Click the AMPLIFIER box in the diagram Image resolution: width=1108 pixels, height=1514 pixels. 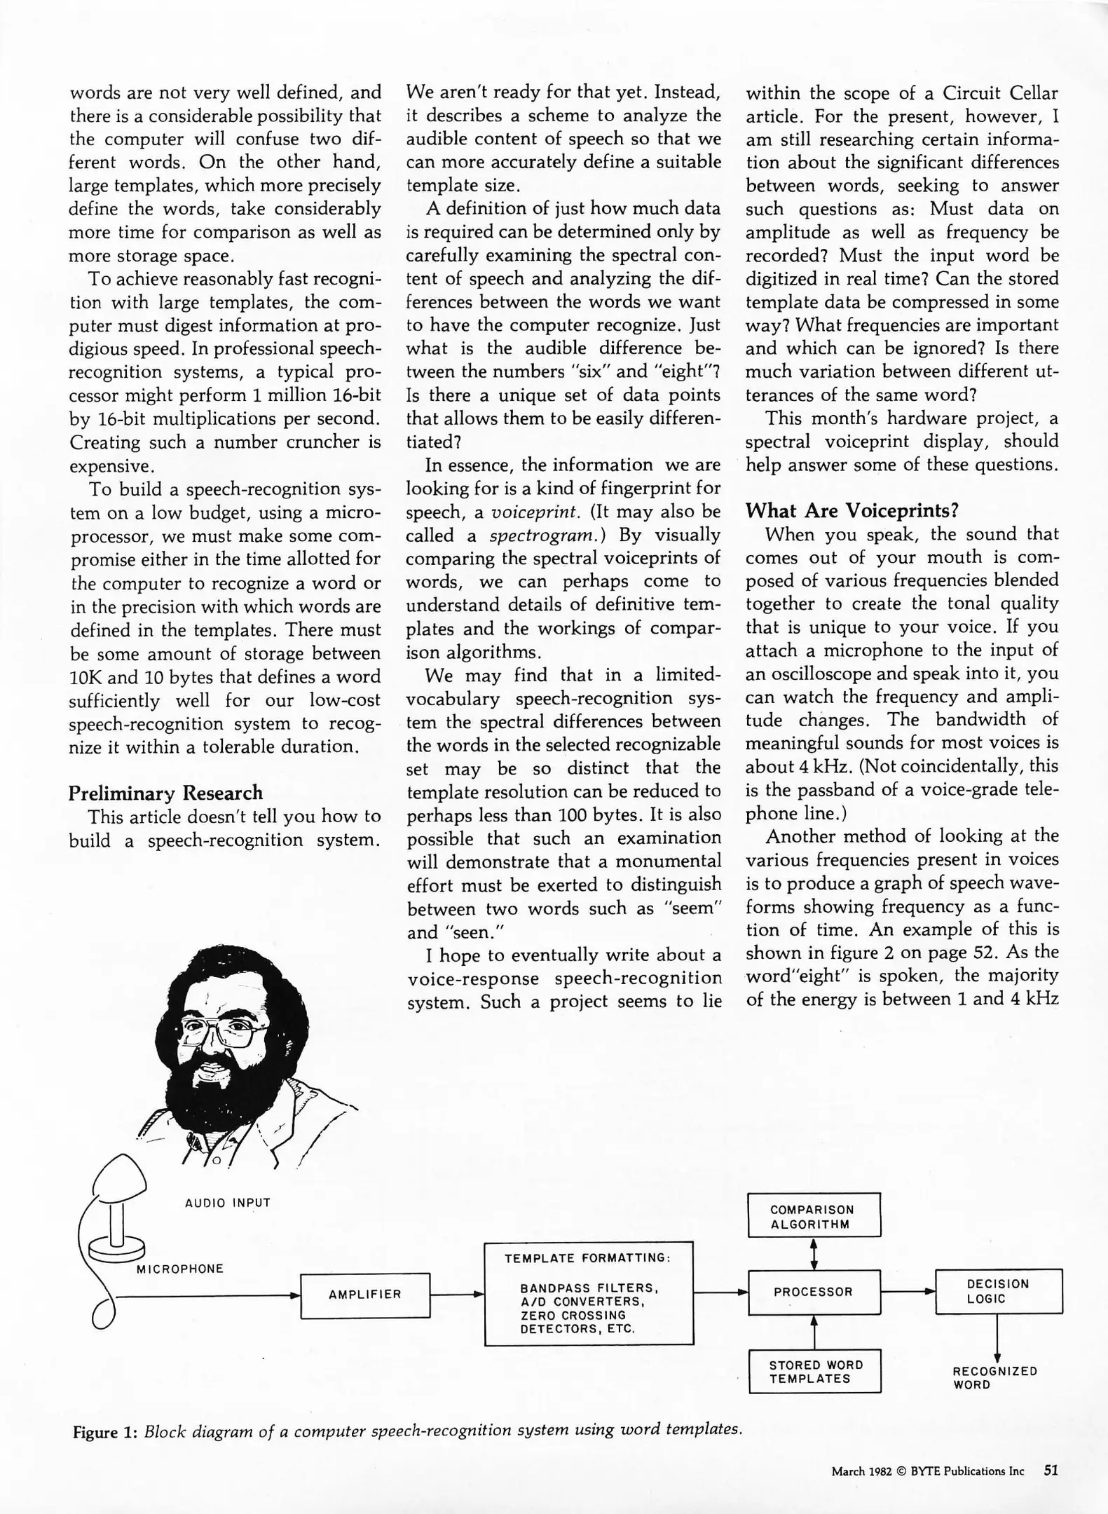pyautogui.click(x=364, y=1295)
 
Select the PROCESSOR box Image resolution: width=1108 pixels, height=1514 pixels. pyautogui.click(x=813, y=1291)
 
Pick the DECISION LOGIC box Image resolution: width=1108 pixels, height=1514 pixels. pyautogui.click(x=998, y=1291)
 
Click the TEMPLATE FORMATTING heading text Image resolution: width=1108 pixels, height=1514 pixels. pyautogui.click(x=587, y=1258)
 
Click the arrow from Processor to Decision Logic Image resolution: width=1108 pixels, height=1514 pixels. pyautogui.click(x=907, y=1291)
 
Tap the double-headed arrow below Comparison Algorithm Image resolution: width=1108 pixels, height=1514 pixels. pyautogui.click(x=814, y=1254)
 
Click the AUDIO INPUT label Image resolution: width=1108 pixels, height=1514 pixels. pyautogui.click(x=227, y=1203)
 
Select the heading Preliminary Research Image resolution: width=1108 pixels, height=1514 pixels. pyautogui.click(x=165, y=793)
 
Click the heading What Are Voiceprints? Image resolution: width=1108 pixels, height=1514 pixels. pyautogui.click(x=851, y=510)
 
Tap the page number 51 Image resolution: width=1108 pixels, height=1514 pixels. pyautogui.click(x=1051, y=1470)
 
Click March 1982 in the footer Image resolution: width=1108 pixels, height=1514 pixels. pyautogui.click(x=861, y=1471)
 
